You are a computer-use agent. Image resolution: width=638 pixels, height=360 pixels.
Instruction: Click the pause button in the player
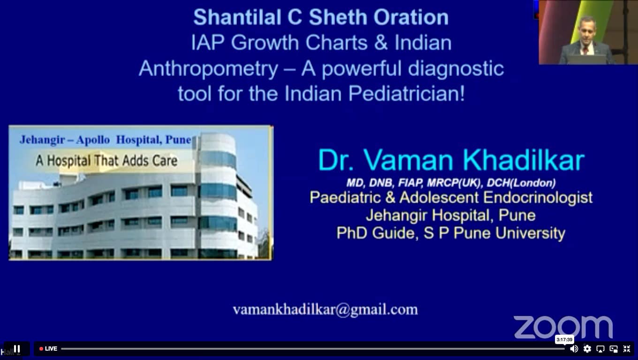point(17,349)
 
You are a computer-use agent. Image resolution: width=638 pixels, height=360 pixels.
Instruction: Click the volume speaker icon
point(574,349)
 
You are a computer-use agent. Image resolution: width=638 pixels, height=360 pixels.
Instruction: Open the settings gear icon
point(587,349)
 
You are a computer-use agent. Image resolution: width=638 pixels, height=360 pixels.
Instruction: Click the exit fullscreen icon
point(627,349)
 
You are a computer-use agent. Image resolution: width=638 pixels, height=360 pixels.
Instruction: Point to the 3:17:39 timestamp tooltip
point(564,339)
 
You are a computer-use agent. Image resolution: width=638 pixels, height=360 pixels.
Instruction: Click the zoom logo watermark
point(563,327)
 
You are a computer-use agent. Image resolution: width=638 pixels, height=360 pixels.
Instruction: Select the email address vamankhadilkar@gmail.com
point(325,309)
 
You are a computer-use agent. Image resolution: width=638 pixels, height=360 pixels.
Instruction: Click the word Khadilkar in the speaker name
point(524,160)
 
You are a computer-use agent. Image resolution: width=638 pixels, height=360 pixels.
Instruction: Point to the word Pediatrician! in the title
point(407,94)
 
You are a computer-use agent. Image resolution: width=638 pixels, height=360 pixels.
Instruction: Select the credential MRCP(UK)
point(454,183)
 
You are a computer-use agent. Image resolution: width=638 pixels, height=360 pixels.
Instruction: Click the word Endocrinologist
point(538,197)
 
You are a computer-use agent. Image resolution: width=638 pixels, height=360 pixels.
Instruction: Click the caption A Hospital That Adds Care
point(106,161)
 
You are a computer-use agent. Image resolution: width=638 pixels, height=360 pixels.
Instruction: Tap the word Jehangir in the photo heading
point(42,140)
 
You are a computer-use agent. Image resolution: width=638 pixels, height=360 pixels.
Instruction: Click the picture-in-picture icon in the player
point(614,349)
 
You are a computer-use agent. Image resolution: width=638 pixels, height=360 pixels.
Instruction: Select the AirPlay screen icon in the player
point(600,349)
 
